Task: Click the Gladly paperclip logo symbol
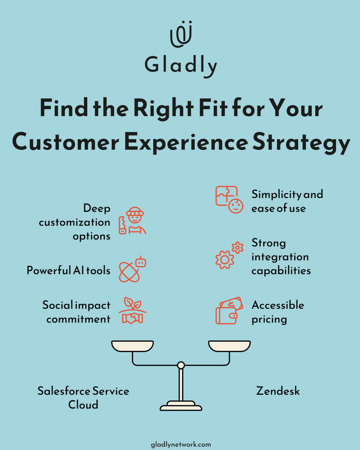pos(181,34)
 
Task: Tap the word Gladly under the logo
pos(181,65)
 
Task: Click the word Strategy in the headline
pos(301,142)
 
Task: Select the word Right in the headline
pos(163,108)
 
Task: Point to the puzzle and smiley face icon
pos(229,199)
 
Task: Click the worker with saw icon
pos(132,220)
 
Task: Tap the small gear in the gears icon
pos(238,247)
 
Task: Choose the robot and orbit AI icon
pos(132,269)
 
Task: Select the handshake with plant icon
pos(132,310)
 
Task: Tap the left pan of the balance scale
pos(132,346)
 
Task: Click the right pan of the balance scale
pos(229,346)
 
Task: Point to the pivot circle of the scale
pos(181,365)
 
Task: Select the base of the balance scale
pos(181,406)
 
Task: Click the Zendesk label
pos(278,391)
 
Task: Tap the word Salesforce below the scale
pos(64,391)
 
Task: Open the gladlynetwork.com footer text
pos(181,444)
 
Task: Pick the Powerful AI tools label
pos(68,270)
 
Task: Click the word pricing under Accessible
pos(269,319)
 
